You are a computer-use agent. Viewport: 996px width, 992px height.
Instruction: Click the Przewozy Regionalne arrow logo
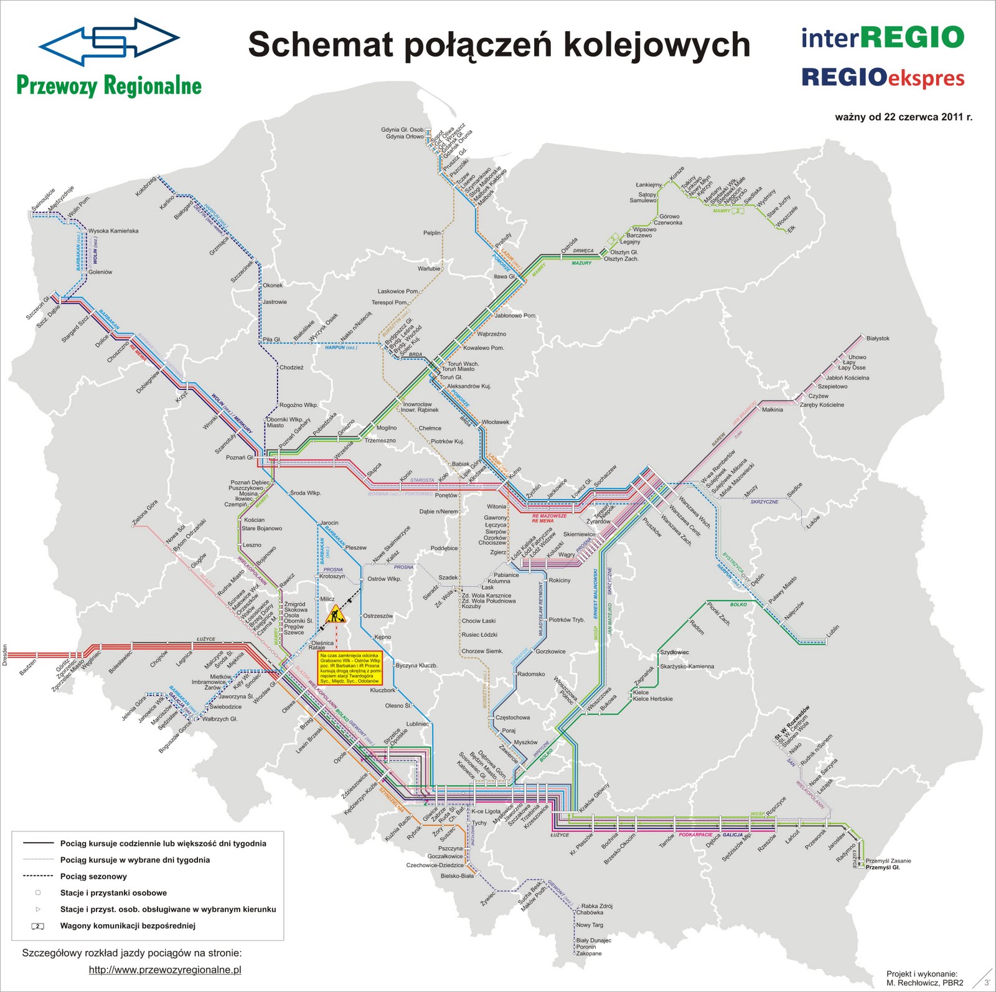pos(109,41)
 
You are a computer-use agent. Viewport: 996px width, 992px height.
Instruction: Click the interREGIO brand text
pos(882,37)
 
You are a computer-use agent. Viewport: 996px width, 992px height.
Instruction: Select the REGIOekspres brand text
pos(882,78)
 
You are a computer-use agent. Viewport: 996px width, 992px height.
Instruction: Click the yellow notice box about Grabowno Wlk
pos(349,668)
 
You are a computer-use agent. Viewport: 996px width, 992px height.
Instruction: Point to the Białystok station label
pos(878,339)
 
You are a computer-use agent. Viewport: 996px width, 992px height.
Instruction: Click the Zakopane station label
pos(589,953)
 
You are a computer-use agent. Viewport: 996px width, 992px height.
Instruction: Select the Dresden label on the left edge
pos(5,655)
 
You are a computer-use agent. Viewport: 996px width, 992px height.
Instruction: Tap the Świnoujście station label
pos(44,201)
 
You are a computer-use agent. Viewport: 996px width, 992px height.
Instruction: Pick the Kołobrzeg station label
pos(146,186)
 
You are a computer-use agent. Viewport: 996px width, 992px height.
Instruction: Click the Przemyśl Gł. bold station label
pos(883,867)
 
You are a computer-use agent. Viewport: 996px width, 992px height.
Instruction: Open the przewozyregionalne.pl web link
pos(165,970)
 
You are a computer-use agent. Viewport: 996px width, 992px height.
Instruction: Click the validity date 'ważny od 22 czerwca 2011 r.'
pos(903,116)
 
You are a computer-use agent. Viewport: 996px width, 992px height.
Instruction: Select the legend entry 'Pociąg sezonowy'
pos(93,876)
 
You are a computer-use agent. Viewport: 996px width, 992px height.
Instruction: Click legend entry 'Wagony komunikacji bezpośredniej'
pos(128,925)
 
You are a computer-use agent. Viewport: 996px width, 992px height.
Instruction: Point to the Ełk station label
pos(791,229)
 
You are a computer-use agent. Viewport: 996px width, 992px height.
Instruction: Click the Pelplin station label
pos(432,233)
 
